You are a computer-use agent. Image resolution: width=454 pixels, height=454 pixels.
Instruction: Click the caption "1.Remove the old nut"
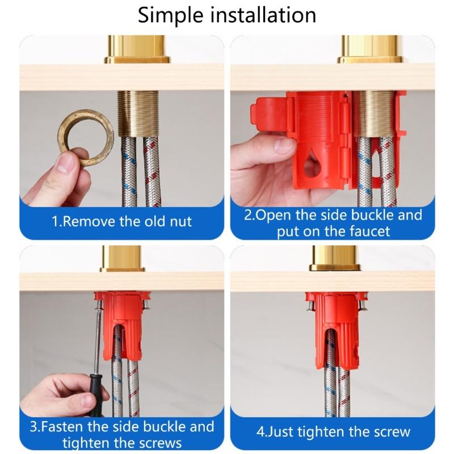tap(122, 221)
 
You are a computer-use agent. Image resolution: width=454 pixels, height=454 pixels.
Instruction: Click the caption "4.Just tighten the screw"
tap(333, 431)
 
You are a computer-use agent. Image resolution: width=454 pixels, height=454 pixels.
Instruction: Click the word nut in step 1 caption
tap(181, 221)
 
